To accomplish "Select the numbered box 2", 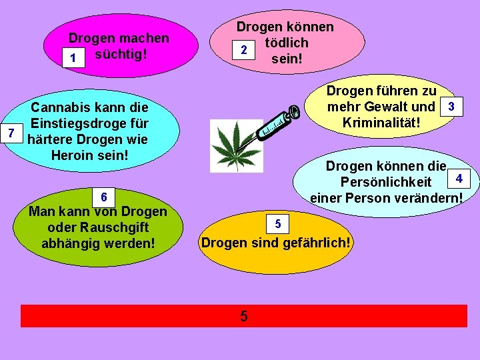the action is tap(244, 50).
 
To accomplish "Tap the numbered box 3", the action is tap(452, 107).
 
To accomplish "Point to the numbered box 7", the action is tap(10, 131).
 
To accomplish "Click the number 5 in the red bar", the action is tap(244, 316).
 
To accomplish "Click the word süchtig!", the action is tap(121, 55).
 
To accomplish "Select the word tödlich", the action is tap(286, 43).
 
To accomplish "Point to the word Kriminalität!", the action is tap(381, 122).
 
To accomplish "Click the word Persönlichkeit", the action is tap(385, 182).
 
